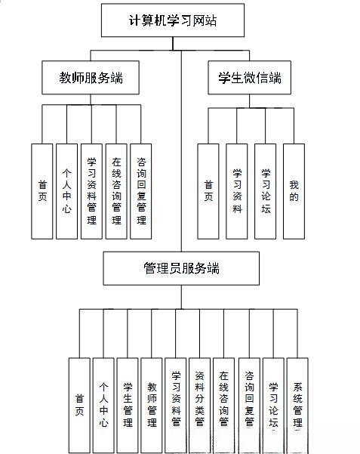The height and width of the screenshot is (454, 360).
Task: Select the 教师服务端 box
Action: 91,78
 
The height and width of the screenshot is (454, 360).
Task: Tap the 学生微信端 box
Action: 249,78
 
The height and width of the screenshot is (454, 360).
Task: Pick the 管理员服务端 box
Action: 181,268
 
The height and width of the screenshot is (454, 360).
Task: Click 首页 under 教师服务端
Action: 42,191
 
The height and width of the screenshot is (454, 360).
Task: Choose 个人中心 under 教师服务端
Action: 66,191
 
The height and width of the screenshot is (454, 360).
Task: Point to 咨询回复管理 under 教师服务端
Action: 140,191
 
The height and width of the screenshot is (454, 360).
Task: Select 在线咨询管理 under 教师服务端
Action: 116,191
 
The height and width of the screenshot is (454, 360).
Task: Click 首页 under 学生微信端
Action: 208,191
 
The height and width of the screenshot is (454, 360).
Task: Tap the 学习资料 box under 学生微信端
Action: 237,191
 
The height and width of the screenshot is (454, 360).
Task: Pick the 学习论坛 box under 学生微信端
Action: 265,191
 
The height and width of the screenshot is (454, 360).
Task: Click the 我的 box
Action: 294,191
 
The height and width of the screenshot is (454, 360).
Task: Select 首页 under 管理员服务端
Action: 79,404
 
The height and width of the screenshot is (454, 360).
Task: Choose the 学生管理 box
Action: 128,404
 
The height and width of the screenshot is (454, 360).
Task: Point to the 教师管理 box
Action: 152,404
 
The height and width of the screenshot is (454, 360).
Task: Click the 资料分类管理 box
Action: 199,404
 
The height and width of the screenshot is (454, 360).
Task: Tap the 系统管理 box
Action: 297,404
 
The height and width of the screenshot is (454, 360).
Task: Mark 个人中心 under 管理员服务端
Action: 103,404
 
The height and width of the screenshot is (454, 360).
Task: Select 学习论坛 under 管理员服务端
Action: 273,404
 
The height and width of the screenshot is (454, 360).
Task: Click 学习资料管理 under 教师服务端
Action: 91,191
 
